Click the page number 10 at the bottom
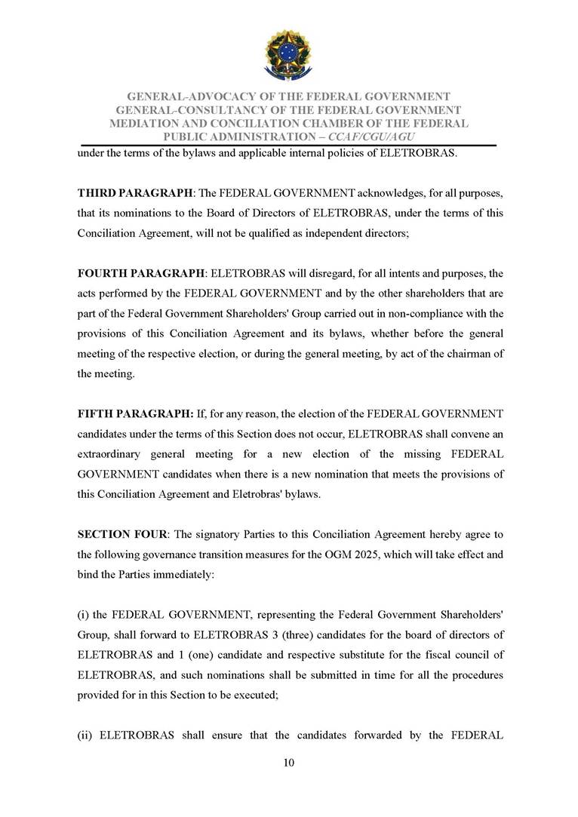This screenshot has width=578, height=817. click(x=288, y=763)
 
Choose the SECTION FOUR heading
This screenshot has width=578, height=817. click(x=124, y=535)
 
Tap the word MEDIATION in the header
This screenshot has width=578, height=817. click(x=148, y=123)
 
